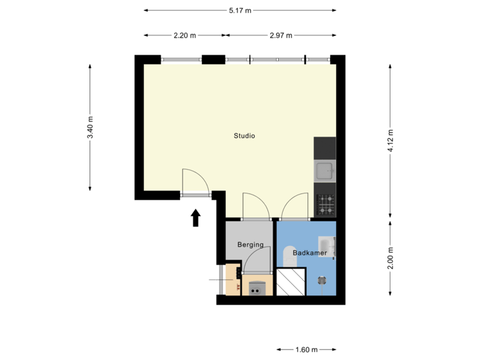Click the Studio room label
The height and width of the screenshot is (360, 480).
244,136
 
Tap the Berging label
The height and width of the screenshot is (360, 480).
251,245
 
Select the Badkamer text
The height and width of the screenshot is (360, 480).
309,253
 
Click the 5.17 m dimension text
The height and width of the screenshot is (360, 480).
240,10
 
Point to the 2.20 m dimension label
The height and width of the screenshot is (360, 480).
184,35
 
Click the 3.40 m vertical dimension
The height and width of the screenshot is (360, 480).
91,127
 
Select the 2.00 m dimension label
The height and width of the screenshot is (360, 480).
390,258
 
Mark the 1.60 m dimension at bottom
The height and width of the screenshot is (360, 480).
307,349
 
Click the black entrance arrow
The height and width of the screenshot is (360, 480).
196,218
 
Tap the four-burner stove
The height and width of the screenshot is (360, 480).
325,204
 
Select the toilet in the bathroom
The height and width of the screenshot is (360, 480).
289,256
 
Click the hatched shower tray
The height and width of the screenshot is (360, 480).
290,282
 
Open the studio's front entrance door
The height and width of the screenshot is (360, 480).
195,183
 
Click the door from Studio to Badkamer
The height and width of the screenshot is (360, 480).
295,207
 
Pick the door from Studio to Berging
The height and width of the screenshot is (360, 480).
255,207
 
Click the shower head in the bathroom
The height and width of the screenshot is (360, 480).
323,281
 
